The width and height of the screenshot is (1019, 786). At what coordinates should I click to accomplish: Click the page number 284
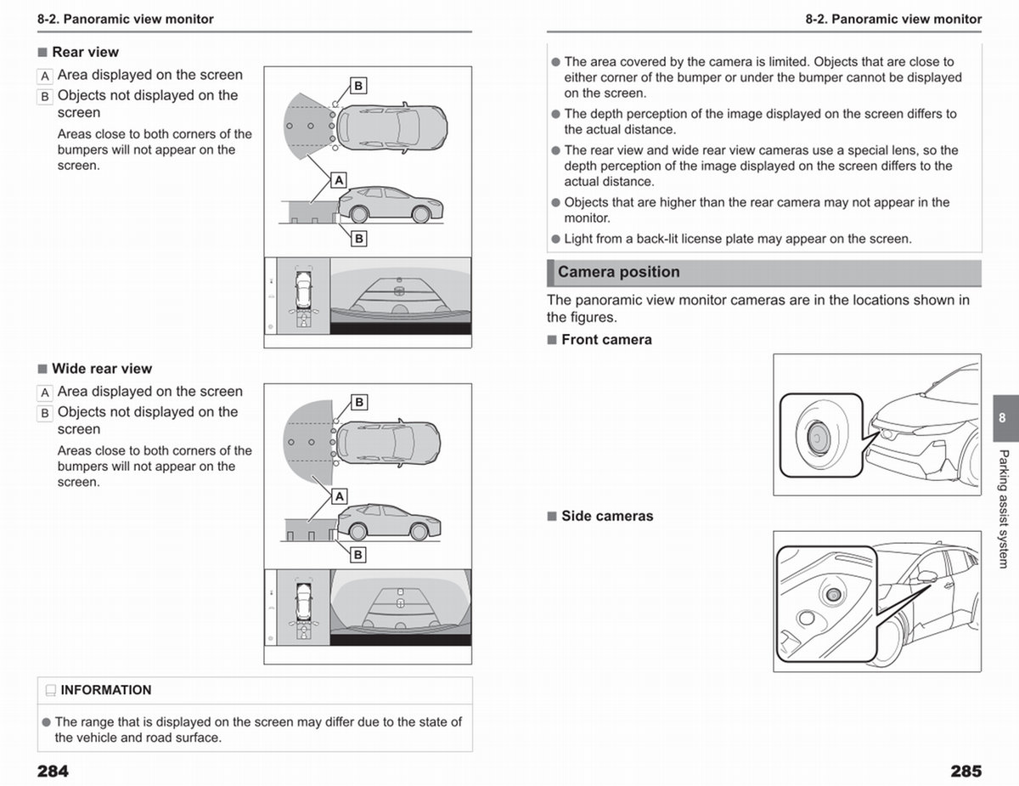pyautogui.click(x=53, y=771)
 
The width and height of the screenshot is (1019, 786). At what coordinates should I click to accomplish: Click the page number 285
pyautogui.click(x=966, y=771)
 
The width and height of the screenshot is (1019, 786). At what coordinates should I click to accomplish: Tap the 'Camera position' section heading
pyautogui.click(x=618, y=272)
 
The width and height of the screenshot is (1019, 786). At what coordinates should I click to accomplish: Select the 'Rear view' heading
pyautogui.click(x=86, y=52)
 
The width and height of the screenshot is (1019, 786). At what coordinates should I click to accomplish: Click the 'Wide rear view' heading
pyautogui.click(x=102, y=369)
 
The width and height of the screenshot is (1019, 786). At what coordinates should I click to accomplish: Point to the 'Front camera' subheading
pyautogui.click(x=606, y=340)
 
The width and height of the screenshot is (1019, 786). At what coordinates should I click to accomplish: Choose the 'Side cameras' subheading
pyautogui.click(x=607, y=516)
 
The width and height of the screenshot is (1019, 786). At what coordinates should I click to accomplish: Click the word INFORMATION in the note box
pyautogui.click(x=106, y=690)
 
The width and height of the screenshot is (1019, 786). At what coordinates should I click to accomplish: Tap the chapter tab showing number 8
pyautogui.click(x=1005, y=418)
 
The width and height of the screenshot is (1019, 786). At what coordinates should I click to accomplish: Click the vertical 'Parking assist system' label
pyautogui.click(x=1003, y=509)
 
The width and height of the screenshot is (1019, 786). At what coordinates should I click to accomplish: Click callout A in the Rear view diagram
pyautogui.click(x=339, y=180)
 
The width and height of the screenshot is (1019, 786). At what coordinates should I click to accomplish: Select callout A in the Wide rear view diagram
pyautogui.click(x=339, y=496)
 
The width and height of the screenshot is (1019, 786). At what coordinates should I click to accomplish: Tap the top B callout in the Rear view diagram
pyautogui.click(x=358, y=86)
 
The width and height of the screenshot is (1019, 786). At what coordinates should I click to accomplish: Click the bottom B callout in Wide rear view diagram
pyautogui.click(x=358, y=555)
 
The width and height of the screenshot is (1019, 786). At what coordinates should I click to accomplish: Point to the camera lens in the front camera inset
pyautogui.click(x=819, y=438)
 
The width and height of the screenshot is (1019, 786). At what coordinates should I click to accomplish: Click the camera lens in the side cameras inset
pyautogui.click(x=833, y=596)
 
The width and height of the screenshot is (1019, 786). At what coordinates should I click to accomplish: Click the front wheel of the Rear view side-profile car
pyautogui.click(x=420, y=214)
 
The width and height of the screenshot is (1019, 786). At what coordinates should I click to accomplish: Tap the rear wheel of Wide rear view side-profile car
pyautogui.click(x=357, y=532)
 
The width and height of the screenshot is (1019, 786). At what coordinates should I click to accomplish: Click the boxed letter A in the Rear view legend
pyautogui.click(x=45, y=76)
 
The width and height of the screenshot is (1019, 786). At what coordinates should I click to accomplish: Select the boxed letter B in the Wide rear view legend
pyautogui.click(x=45, y=414)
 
